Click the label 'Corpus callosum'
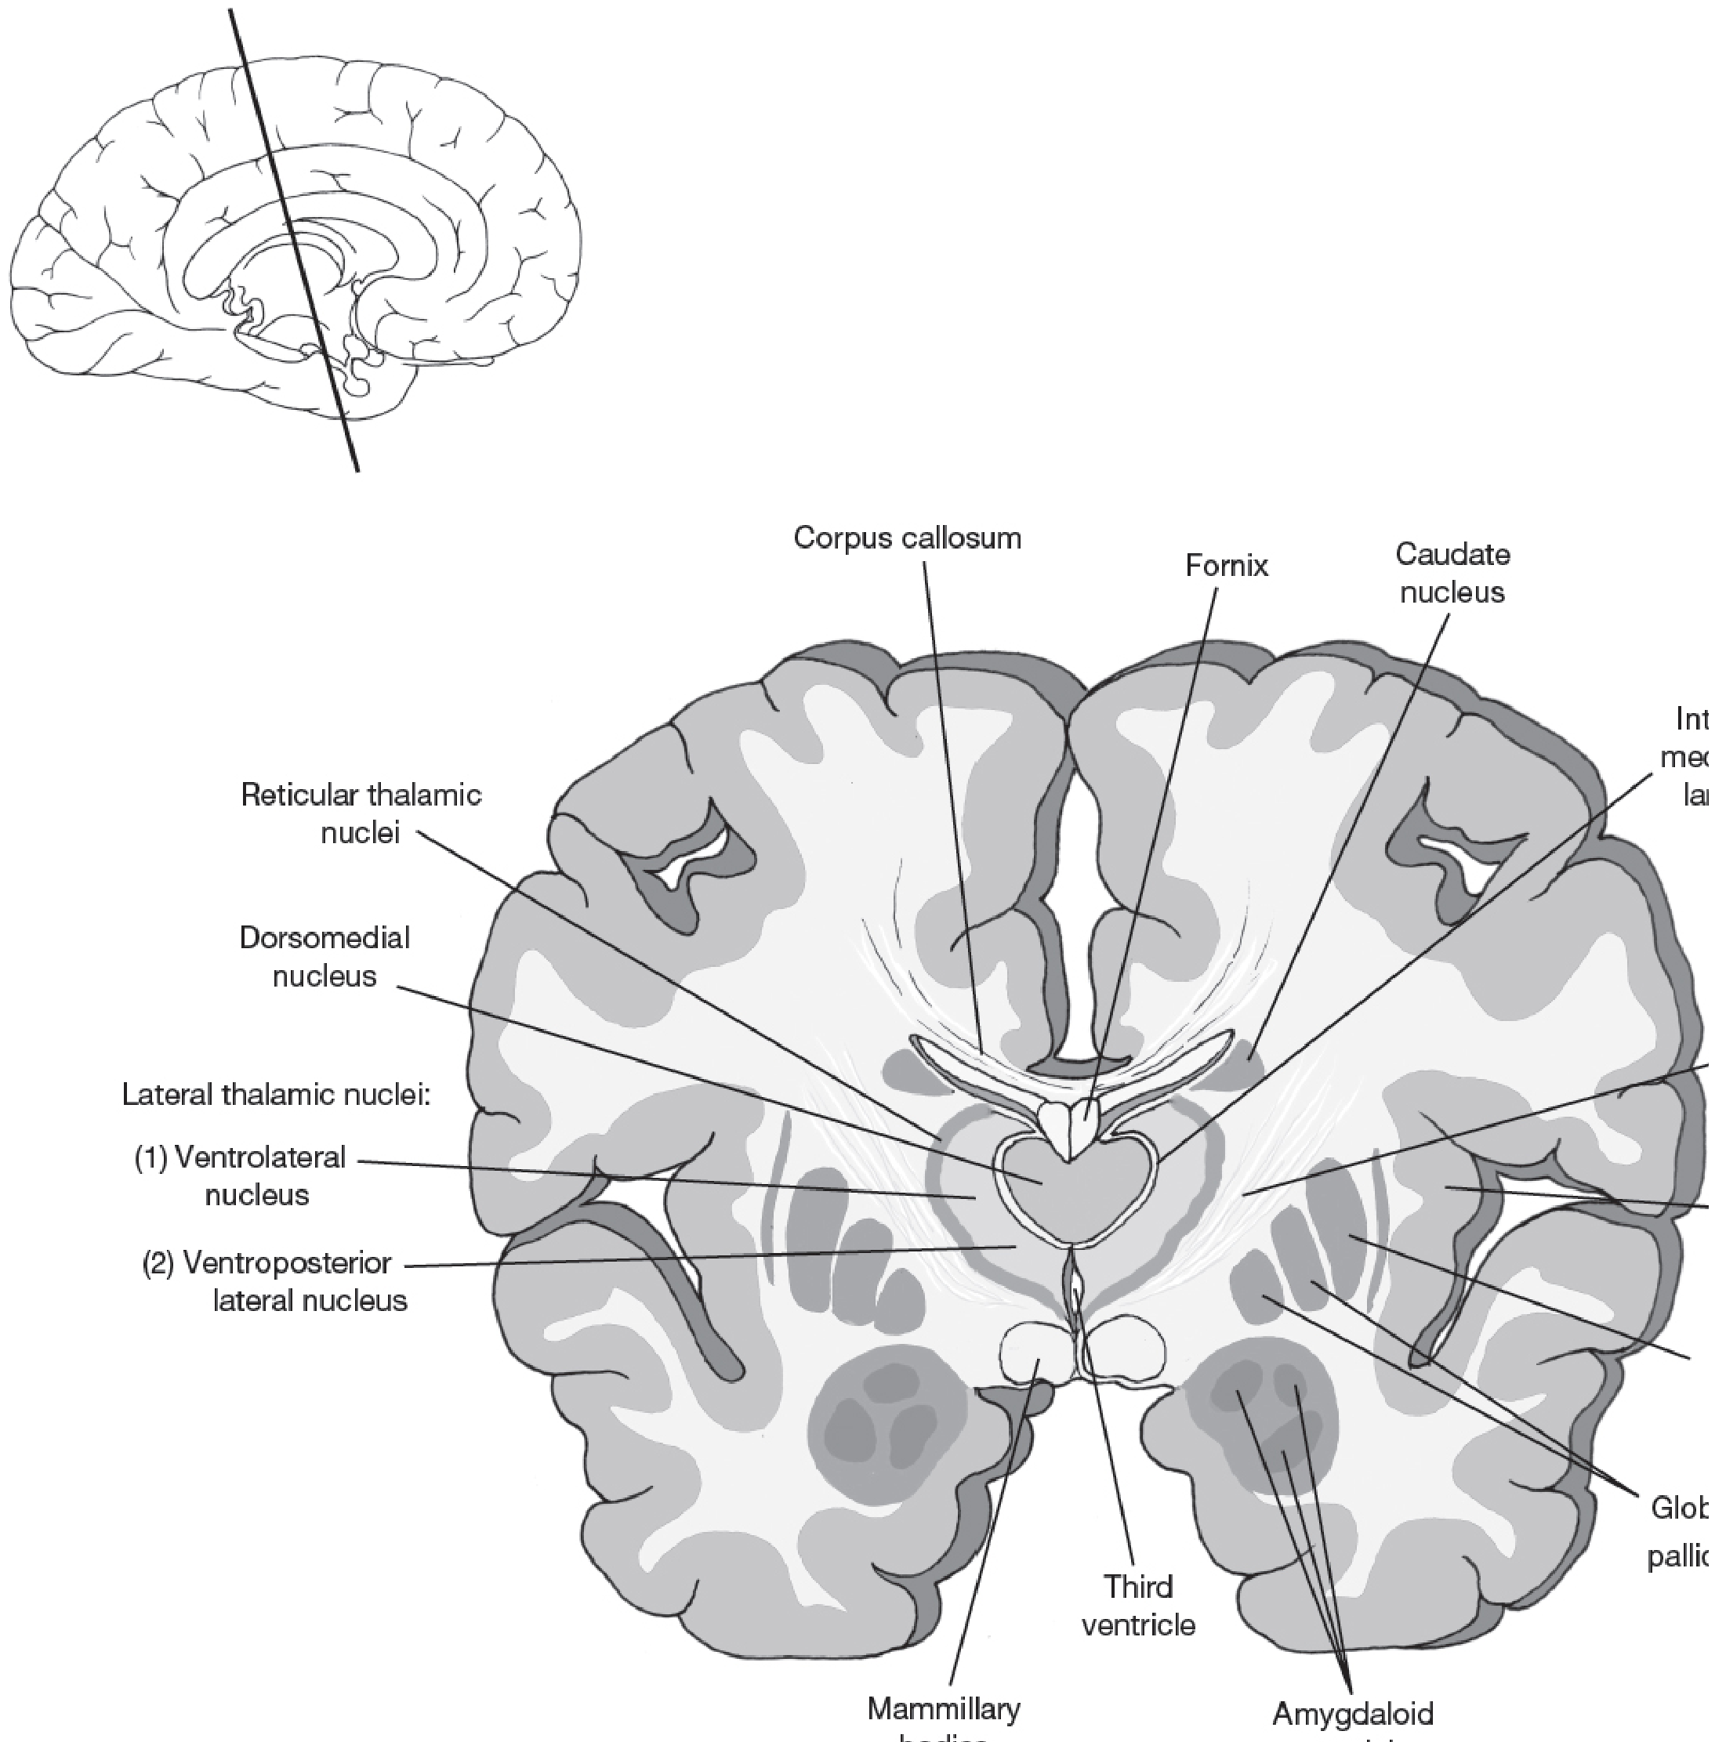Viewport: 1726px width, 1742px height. coord(907,538)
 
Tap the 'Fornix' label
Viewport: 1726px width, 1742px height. coord(1227,565)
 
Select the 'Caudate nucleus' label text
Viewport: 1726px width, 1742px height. coord(1452,573)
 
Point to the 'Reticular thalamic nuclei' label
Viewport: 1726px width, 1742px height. coord(361,813)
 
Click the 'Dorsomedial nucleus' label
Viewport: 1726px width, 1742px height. coord(325,957)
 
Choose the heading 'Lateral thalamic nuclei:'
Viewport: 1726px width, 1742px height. coord(277,1095)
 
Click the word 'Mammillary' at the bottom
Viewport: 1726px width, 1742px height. coord(943,1708)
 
